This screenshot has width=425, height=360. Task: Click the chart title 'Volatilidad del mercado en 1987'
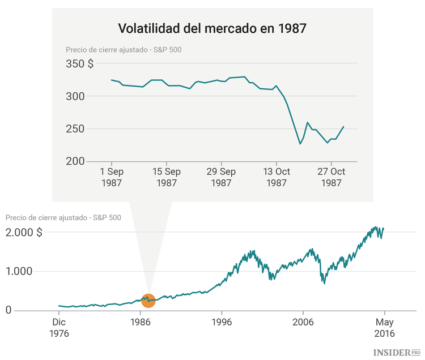pyautogui.click(x=212, y=28)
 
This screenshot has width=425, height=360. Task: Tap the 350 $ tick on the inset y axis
pyautogui.click(x=80, y=64)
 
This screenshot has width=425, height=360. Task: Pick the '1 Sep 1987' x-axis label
pyautogui.click(x=111, y=177)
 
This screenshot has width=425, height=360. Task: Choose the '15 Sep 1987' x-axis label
pyautogui.click(x=166, y=177)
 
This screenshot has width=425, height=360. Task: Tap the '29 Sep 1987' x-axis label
pyautogui.click(x=221, y=177)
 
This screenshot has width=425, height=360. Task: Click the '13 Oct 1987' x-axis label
pyautogui.click(x=276, y=177)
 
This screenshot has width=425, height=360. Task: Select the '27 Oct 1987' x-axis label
pyautogui.click(x=331, y=177)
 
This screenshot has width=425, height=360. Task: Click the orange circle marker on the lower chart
pyautogui.click(x=148, y=300)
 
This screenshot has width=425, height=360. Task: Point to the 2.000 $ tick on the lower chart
pyautogui.click(x=24, y=232)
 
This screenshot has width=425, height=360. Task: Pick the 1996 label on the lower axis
pyautogui.click(x=222, y=322)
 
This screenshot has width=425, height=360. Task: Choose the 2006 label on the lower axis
pyautogui.click(x=303, y=322)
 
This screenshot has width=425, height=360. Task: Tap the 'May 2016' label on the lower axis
pyautogui.click(x=384, y=328)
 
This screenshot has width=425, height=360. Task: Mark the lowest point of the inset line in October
pyautogui.click(x=300, y=144)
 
